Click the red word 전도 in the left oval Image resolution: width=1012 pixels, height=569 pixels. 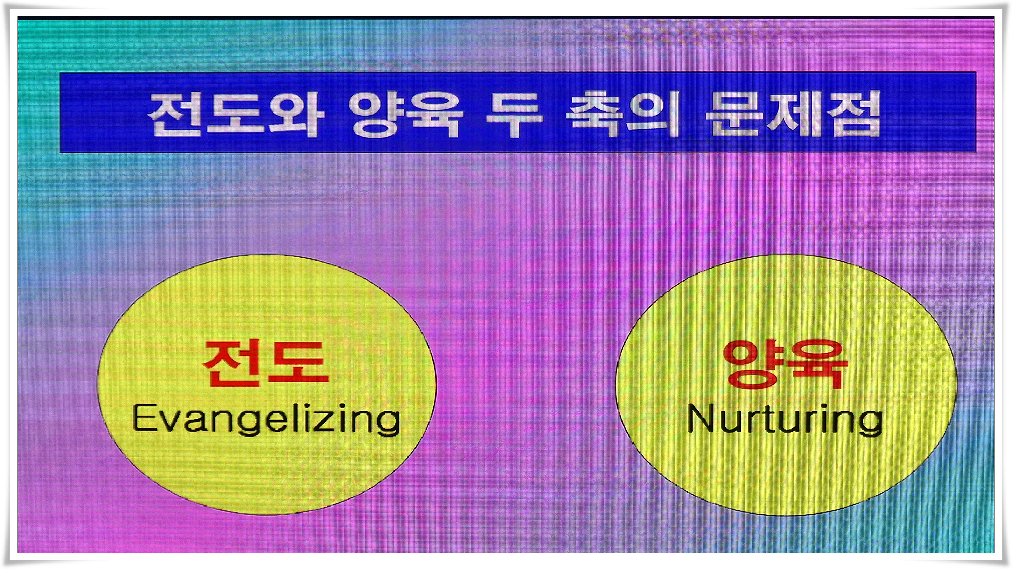tap(265, 363)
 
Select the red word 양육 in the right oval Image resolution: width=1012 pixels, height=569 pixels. tap(785, 364)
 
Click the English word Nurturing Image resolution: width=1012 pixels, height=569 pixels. tap(785, 420)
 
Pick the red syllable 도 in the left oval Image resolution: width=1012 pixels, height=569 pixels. tap(299, 363)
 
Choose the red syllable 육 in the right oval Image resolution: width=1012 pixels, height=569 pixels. tap(818, 364)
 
